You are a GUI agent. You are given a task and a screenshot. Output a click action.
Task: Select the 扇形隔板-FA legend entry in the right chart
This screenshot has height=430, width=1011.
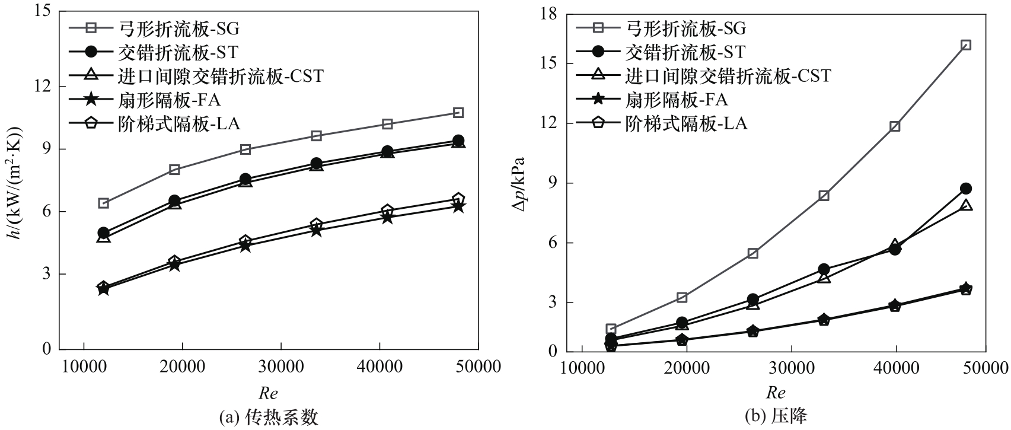pyautogui.click(x=677, y=99)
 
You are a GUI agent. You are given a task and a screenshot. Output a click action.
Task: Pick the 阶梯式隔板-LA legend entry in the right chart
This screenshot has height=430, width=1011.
pyautogui.click(x=686, y=123)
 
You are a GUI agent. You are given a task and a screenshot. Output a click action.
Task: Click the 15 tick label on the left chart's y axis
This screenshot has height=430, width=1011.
pyautogui.click(x=42, y=12)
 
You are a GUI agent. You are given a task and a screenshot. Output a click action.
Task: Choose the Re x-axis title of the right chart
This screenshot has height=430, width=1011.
pyautogui.click(x=776, y=393)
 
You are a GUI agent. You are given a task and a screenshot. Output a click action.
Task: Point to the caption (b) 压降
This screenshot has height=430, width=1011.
pyautogui.click(x=776, y=417)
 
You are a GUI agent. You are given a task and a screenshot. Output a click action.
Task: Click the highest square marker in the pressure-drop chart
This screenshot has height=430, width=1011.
pyautogui.click(x=965, y=45)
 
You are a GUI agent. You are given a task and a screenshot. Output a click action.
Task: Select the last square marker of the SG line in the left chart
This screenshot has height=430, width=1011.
pyautogui.click(x=458, y=113)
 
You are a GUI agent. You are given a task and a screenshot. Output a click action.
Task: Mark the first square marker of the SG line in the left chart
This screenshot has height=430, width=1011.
pyautogui.click(x=103, y=203)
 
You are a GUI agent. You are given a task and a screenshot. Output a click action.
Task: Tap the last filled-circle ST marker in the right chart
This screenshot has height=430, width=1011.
pyautogui.click(x=965, y=189)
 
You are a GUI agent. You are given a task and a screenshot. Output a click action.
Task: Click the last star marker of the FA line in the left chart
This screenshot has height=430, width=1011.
pyautogui.click(x=458, y=207)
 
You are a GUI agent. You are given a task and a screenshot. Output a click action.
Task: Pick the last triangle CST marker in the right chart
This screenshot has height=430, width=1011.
pyautogui.click(x=965, y=206)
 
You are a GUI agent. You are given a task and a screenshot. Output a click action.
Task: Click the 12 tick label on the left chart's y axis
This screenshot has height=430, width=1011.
pyautogui.click(x=42, y=87)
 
